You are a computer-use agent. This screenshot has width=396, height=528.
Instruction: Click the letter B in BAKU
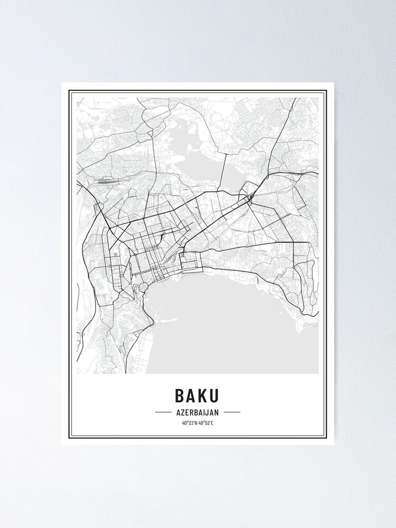click(180, 395)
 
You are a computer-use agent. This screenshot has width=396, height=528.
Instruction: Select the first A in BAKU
click(192, 395)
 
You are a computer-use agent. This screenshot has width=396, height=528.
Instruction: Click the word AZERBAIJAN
click(197, 412)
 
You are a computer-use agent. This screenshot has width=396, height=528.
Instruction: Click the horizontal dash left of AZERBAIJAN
click(163, 412)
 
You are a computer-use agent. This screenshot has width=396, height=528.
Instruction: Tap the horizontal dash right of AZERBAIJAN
click(232, 412)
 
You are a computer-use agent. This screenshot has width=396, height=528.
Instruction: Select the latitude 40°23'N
click(190, 422)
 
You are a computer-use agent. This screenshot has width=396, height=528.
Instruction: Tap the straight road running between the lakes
click(222, 172)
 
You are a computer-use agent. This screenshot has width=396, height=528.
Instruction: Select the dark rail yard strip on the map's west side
click(106, 180)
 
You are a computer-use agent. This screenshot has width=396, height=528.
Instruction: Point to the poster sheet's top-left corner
click(62, 83)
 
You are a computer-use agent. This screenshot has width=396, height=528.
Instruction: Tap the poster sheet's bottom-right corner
click(334, 445)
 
